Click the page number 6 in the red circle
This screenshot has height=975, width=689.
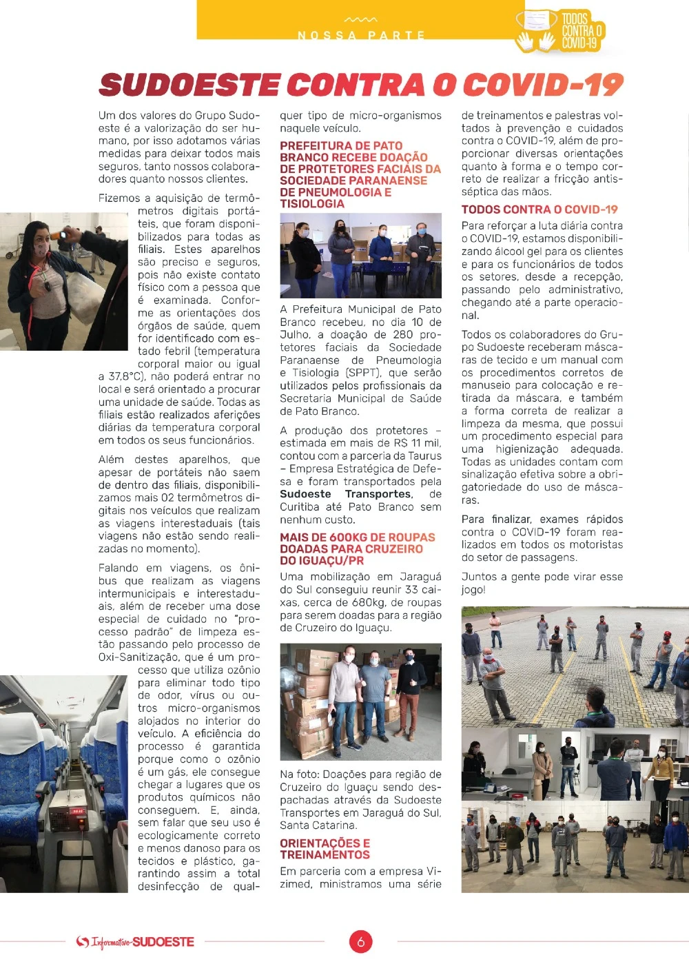click(x=360, y=941)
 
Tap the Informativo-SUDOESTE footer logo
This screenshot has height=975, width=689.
click(x=136, y=942)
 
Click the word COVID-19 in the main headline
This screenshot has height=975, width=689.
click(x=543, y=85)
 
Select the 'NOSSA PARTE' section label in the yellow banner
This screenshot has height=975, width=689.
click(x=361, y=35)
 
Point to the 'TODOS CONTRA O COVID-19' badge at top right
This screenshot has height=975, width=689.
click(x=560, y=32)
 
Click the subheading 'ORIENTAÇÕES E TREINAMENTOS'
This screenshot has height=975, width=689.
click(x=325, y=849)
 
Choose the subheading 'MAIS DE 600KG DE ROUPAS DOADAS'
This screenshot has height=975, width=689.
click(x=357, y=548)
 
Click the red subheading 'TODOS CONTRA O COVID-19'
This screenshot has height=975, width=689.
click(x=539, y=209)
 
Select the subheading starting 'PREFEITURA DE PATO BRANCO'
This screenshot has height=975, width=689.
click(x=360, y=174)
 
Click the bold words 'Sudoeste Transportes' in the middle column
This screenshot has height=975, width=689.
click(x=347, y=494)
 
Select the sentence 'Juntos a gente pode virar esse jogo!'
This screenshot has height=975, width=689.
click(x=542, y=583)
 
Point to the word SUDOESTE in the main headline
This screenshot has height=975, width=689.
click(x=189, y=85)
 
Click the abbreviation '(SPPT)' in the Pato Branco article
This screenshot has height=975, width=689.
click(x=362, y=373)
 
